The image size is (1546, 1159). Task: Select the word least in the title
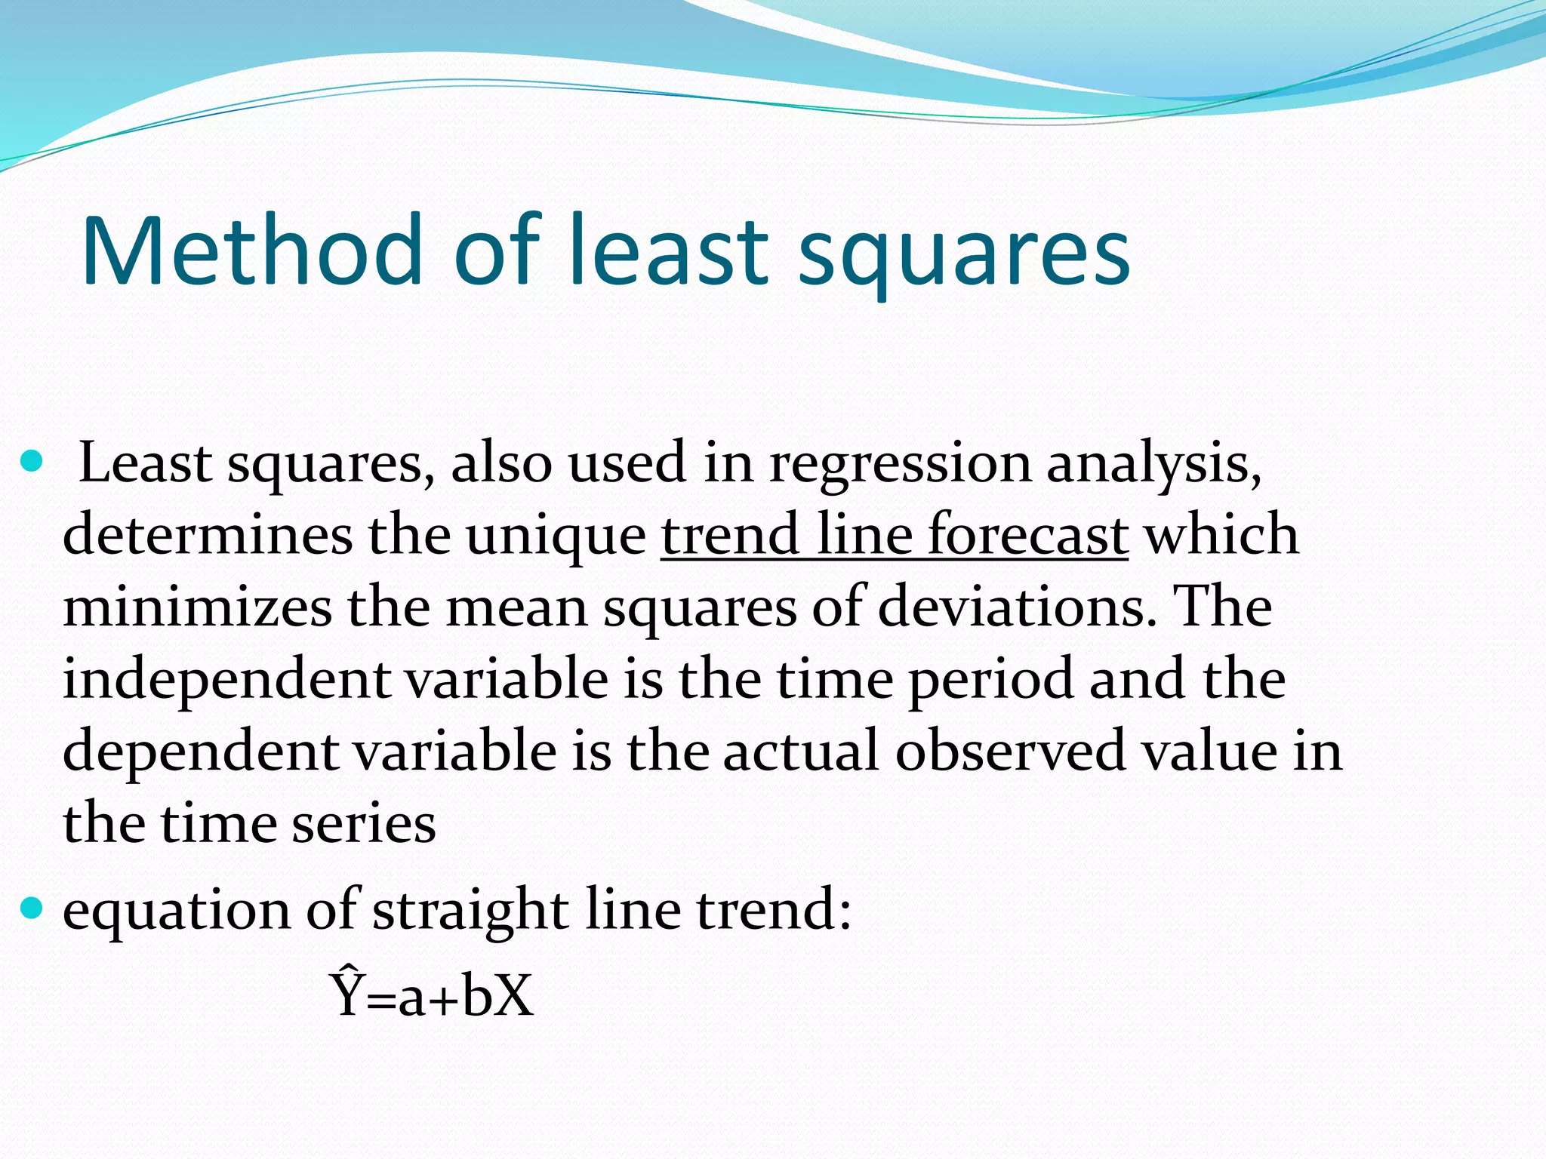669,251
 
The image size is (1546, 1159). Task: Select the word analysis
1153,465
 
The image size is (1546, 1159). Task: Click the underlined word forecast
1027,534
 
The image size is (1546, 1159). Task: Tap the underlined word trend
729,534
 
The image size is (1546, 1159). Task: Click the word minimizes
197,607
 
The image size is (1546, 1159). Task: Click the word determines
208,534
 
